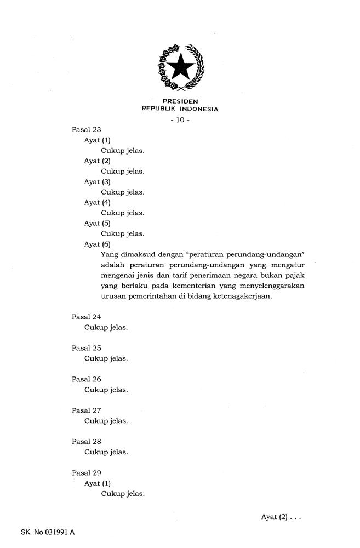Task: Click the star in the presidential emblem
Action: (180, 68)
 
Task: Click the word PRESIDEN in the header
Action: (180, 101)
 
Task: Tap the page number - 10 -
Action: (180, 120)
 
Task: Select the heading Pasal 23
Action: (87, 130)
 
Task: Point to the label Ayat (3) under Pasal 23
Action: (98, 182)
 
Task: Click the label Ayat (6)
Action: (98, 244)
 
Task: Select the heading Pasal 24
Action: (87, 317)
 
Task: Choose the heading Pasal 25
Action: (87, 348)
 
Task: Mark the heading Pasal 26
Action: (87, 379)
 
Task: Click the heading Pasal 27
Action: (87, 410)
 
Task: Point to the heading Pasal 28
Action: (87, 442)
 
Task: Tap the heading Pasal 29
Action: (87, 473)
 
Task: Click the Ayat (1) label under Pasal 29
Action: (98, 483)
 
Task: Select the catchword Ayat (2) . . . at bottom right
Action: (281, 517)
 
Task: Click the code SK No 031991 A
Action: (48, 532)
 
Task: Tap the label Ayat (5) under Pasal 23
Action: (98, 224)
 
